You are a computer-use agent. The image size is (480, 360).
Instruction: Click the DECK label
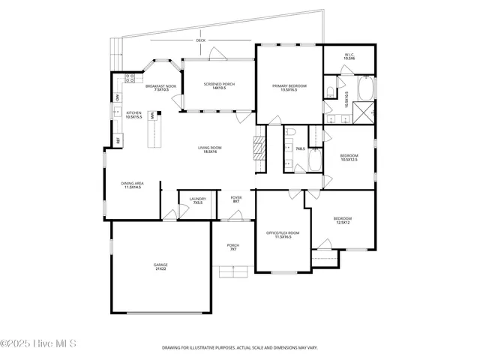click(200, 40)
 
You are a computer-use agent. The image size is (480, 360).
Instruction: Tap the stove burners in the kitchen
click(130, 77)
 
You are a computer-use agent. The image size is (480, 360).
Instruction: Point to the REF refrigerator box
click(118, 140)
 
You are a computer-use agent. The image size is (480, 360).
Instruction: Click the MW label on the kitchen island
click(152, 115)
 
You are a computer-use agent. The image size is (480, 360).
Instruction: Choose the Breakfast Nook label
click(160, 88)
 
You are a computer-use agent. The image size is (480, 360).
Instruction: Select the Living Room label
click(208, 149)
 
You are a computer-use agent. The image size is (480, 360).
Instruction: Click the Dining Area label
click(133, 184)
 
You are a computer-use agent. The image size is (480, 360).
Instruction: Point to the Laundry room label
click(198, 200)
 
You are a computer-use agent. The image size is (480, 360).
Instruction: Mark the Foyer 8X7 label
click(235, 200)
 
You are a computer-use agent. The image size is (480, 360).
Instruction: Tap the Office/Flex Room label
click(283, 235)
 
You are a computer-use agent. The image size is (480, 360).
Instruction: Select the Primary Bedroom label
click(289, 88)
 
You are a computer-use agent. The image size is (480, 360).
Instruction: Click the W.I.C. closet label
click(349, 56)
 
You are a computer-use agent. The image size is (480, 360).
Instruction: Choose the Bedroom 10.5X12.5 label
click(349, 157)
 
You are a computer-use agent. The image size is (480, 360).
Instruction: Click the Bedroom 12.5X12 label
click(343, 220)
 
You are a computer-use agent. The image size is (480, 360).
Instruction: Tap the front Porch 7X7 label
click(233, 247)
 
